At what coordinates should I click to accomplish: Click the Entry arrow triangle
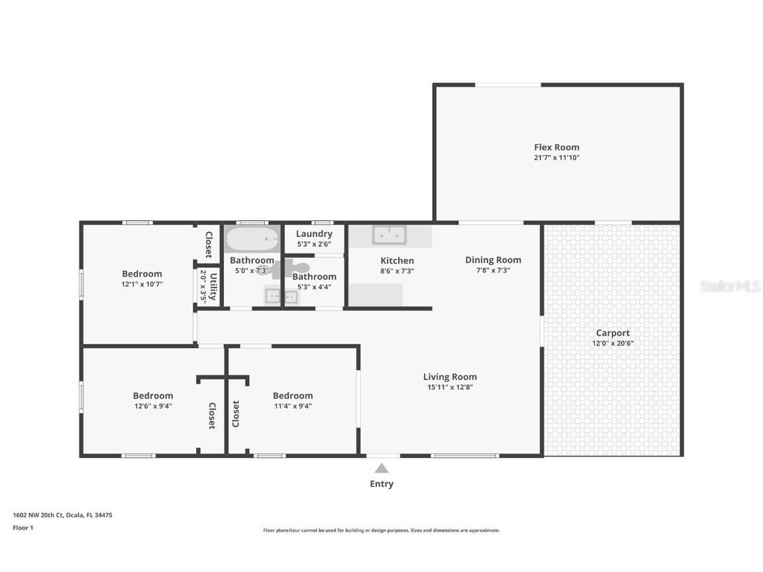[x=381, y=468]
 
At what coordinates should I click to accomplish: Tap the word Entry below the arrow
[x=381, y=484]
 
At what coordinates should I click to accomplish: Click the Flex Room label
[x=556, y=147]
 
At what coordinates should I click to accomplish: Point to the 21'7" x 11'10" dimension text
[x=556, y=158]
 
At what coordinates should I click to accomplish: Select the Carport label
[x=613, y=333]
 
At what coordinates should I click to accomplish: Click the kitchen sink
[x=389, y=235]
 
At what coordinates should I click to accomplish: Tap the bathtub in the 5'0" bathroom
[x=251, y=238]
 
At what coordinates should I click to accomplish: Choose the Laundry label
[x=314, y=234]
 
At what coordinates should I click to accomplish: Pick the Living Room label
[x=450, y=377]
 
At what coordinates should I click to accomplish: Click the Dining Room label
[x=493, y=260]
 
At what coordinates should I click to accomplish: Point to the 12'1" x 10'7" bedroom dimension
[x=142, y=284]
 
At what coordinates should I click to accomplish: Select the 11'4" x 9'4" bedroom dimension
[x=293, y=406]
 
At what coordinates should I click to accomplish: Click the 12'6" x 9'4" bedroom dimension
[x=152, y=406]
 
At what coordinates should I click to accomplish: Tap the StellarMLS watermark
[x=730, y=286]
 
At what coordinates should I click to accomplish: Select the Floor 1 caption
[x=23, y=528]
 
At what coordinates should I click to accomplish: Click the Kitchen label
[x=397, y=260]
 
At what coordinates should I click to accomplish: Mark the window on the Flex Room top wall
[x=508, y=85]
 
